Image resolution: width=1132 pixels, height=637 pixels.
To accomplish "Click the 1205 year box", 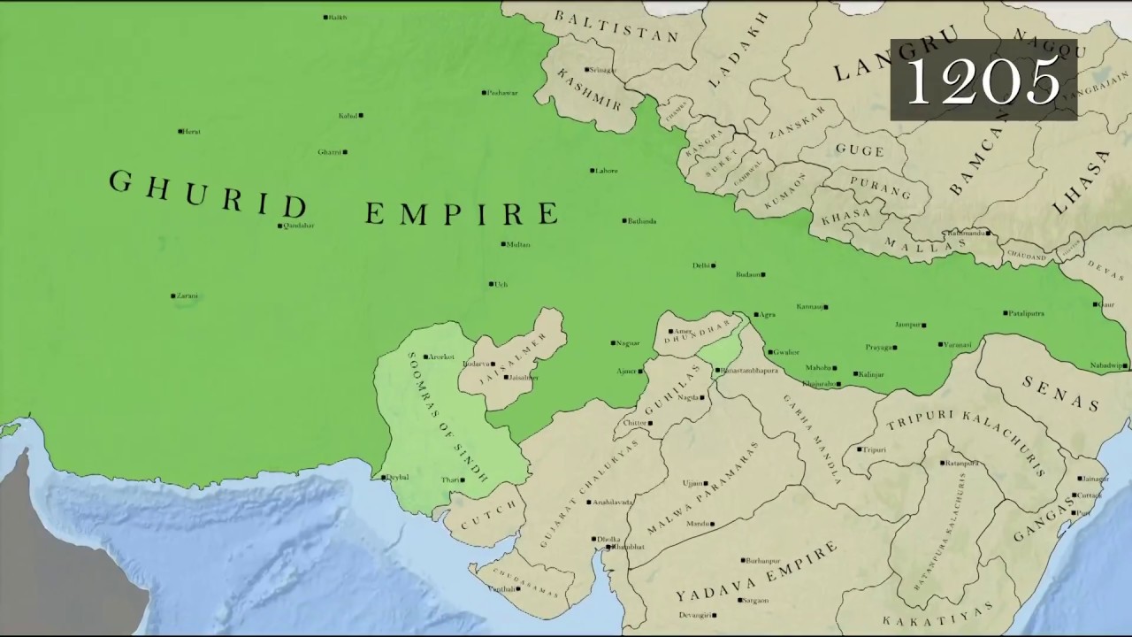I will tap(983, 80).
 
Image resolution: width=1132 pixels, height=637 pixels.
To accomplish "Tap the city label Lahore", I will tap(607, 171).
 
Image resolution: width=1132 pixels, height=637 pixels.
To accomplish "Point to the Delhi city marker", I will tap(713, 265).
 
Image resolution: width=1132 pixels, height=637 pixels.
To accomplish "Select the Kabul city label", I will tap(348, 116).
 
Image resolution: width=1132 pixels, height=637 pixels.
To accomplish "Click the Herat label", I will tap(191, 132).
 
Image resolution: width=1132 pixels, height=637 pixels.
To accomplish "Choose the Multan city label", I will tap(518, 244).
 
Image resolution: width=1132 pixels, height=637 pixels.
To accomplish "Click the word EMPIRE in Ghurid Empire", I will tap(462, 213).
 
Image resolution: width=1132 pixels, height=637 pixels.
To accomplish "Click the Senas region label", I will tap(1061, 392).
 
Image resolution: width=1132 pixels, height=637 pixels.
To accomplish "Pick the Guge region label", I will tap(860, 150).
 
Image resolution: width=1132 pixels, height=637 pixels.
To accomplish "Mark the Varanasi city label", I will tap(958, 344).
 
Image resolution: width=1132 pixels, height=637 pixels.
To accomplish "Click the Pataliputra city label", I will tap(1027, 313).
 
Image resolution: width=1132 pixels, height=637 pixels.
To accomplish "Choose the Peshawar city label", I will tap(503, 93).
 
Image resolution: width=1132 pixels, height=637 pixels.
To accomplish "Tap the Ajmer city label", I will tap(626, 372).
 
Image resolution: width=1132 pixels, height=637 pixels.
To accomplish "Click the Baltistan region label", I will tap(616, 27).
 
